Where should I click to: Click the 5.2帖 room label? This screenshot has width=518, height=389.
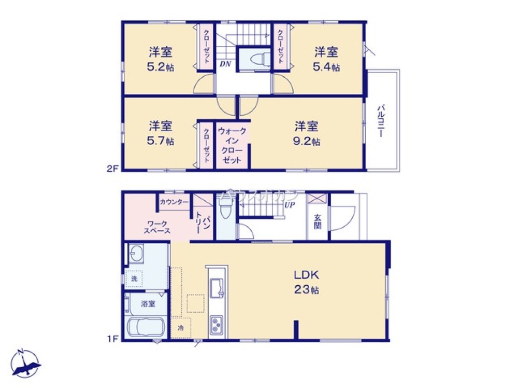click(x=161, y=59)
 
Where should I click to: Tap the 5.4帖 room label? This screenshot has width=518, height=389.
click(x=327, y=59)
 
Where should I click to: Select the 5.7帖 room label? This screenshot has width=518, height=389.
click(x=161, y=133)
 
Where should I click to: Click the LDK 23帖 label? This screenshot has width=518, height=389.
click(x=306, y=282)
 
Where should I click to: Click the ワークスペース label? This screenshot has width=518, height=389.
click(x=156, y=227)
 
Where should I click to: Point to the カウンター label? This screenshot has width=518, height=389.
click(x=174, y=202)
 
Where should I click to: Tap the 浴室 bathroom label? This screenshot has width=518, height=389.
click(x=148, y=304)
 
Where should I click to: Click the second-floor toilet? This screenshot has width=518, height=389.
click(x=258, y=59)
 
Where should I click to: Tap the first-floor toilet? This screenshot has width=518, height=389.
click(x=225, y=210)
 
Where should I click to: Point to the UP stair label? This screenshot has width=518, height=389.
click(x=289, y=205)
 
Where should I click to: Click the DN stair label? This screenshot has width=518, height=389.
click(x=225, y=64)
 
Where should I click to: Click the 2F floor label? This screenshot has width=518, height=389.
click(x=113, y=169)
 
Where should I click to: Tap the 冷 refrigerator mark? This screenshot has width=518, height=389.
click(x=180, y=328)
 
